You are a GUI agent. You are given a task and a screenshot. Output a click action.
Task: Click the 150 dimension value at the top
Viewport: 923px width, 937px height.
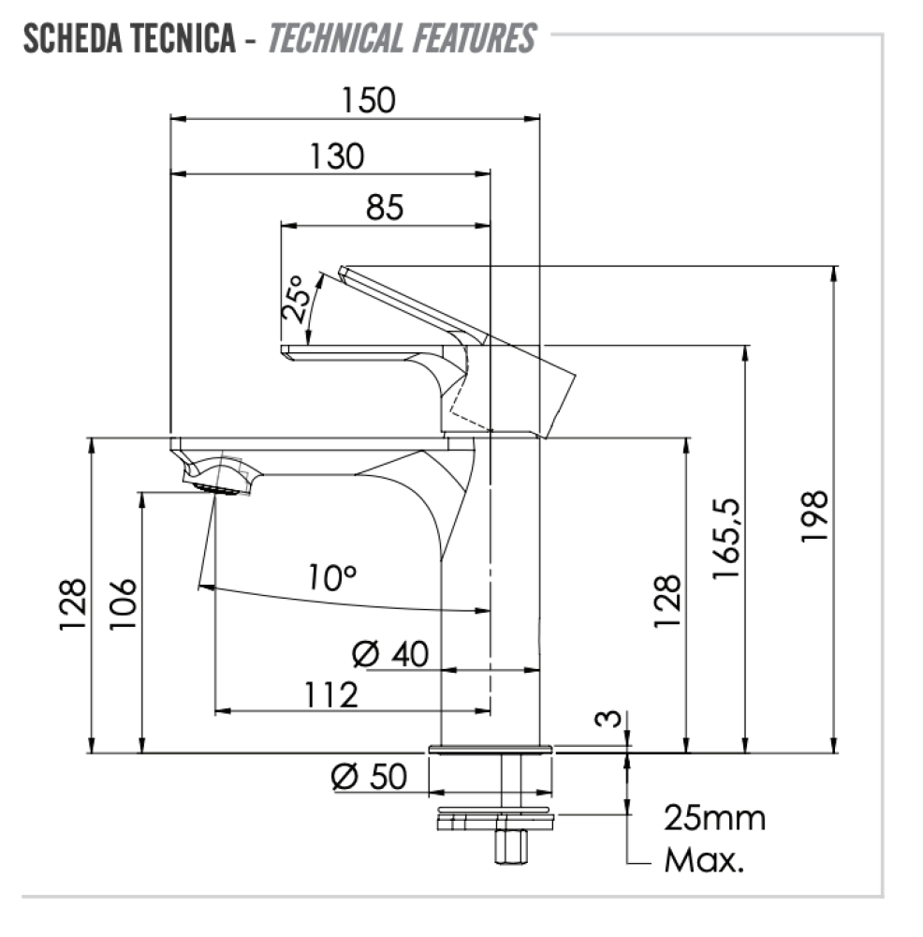tap(368, 100)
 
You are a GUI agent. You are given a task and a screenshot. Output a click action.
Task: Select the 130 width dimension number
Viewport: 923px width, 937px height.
tap(336, 156)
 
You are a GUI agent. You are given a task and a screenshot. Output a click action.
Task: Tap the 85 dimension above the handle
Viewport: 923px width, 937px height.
tap(385, 207)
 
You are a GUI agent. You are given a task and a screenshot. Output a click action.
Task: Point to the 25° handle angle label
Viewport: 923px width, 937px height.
tap(296, 299)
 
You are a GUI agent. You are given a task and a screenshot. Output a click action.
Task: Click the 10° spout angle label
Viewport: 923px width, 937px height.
tap(332, 577)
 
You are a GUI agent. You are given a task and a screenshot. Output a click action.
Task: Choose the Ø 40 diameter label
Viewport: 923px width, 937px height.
tap(390, 654)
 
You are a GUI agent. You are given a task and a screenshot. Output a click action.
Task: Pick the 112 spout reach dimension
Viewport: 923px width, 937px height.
tap(331, 695)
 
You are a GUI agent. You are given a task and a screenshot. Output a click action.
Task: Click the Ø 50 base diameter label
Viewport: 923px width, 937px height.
tap(369, 777)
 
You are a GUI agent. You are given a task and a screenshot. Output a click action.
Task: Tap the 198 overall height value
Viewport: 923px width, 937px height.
tap(814, 516)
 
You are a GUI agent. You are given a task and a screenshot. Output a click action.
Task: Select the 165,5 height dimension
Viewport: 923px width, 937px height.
tap(726, 539)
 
